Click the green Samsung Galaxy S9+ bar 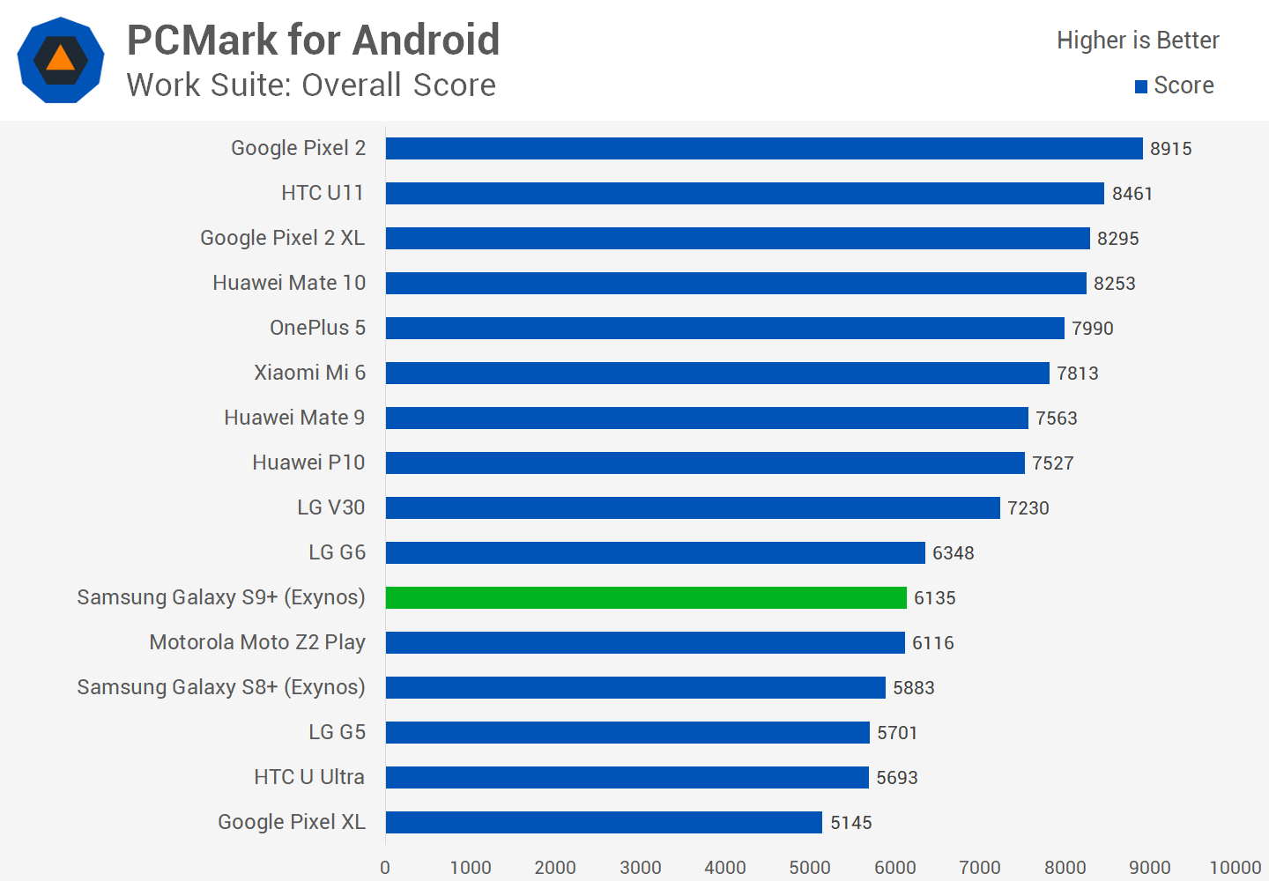tap(646, 597)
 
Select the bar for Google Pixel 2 tap(764, 148)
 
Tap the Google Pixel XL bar tap(604, 822)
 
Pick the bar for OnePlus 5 tap(724, 328)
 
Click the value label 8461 tap(1132, 194)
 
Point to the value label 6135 tap(935, 598)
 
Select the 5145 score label tap(851, 823)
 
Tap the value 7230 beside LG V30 tap(1028, 508)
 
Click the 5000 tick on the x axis tap(810, 868)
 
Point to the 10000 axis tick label tap(1235, 868)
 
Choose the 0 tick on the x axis tap(385, 868)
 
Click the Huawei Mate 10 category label tap(289, 283)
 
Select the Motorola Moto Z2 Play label tap(257, 642)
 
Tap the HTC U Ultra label tap(309, 777)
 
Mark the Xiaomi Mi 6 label tap(309, 373)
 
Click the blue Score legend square tap(1141, 86)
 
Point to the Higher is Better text tap(1138, 41)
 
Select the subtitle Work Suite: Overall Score tap(311, 85)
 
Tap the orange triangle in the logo tap(60, 59)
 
